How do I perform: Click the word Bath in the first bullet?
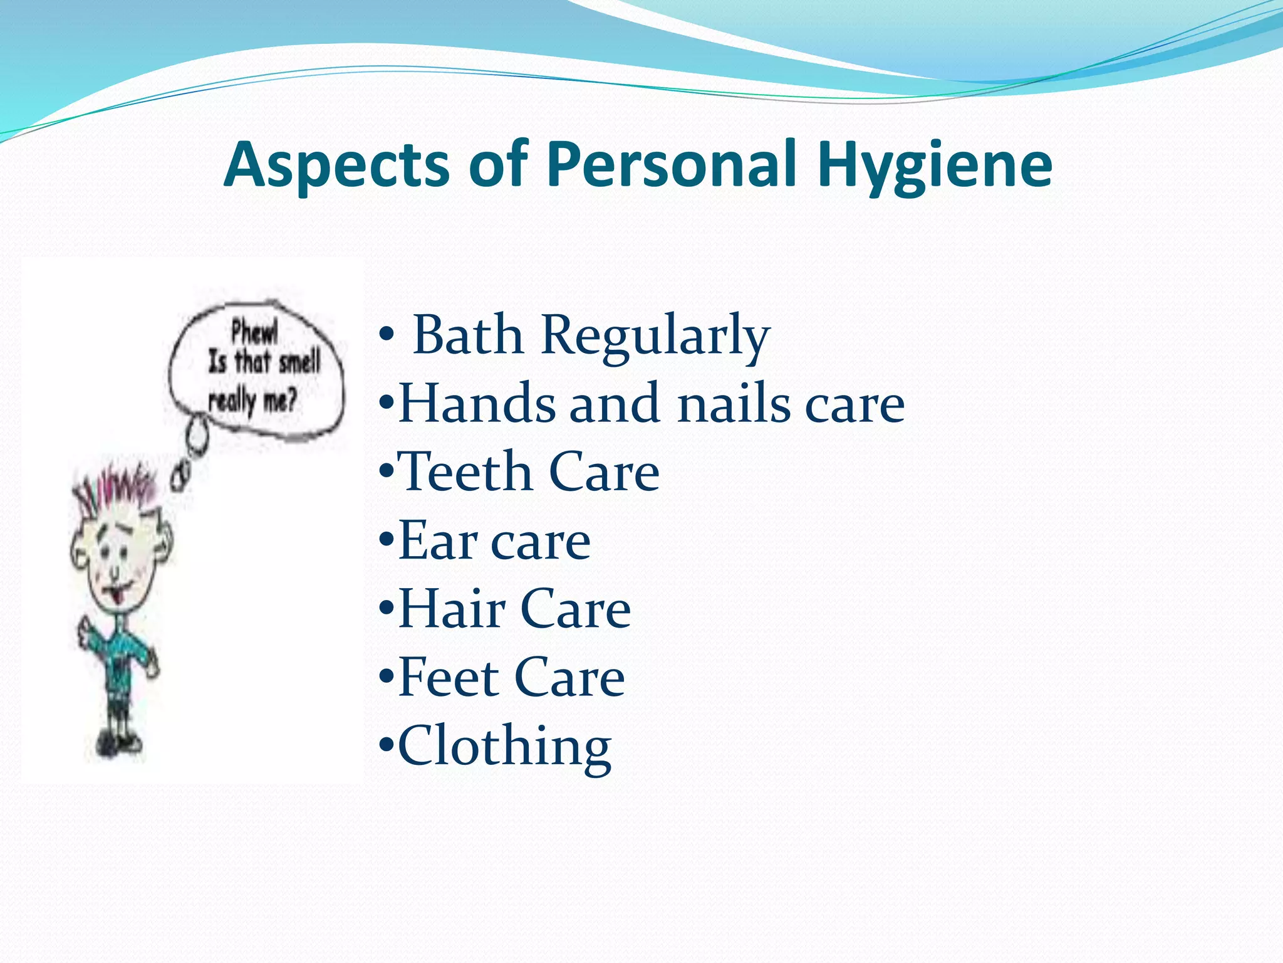[468, 335]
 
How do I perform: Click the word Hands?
[477, 404]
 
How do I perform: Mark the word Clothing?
[504, 746]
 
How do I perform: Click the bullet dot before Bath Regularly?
[386, 336]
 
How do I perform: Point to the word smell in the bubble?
[299, 362]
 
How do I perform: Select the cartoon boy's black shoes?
[119, 743]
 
